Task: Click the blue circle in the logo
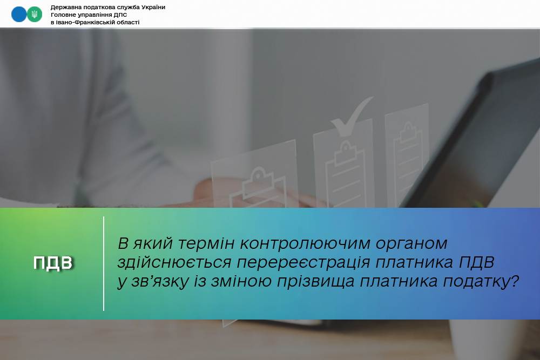(x=19, y=15)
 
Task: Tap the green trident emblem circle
(x=35, y=15)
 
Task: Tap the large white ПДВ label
(x=53, y=263)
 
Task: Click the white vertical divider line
(x=104, y=263)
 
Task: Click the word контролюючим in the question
(x=305, y=243)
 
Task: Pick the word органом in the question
(x=411, y=243)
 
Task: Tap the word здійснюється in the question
(x=174, y=263)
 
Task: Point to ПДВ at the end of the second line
(x=477, y=263)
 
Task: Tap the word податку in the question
(x=476, y=282)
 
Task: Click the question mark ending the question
(x=515, y=281)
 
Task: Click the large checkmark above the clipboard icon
(x=352, y=117)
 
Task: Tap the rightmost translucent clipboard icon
(x=407, y=155)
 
